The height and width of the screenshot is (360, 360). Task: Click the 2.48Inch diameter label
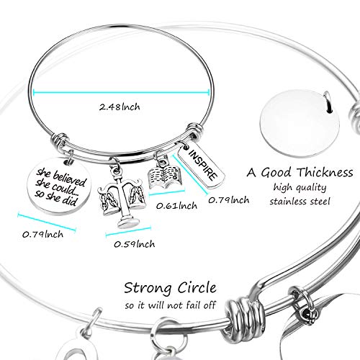[120, 107]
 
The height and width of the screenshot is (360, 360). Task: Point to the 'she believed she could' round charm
[60, 186]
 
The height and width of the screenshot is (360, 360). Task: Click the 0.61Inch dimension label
[176, 206]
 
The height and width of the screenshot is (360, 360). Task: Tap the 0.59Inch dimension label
[135, 244]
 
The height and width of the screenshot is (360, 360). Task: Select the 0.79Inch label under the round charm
[42, 234]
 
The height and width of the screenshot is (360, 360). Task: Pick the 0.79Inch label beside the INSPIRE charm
[229, 200]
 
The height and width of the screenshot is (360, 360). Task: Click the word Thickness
[325, 172]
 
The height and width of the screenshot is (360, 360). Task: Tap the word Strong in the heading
[148, 288]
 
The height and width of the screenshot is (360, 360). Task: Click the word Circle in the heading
[197, 287]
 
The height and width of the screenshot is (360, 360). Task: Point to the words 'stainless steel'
[300, 201]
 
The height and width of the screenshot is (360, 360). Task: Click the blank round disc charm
[300, 124]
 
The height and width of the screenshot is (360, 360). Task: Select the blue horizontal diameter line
[122, 91]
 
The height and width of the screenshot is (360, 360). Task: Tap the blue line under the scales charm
[128, 232]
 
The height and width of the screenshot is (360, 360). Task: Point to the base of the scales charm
[126, 222]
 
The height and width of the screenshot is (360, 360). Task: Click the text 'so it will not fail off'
[171, 305]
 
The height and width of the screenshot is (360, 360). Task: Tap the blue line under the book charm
[167, 192]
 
